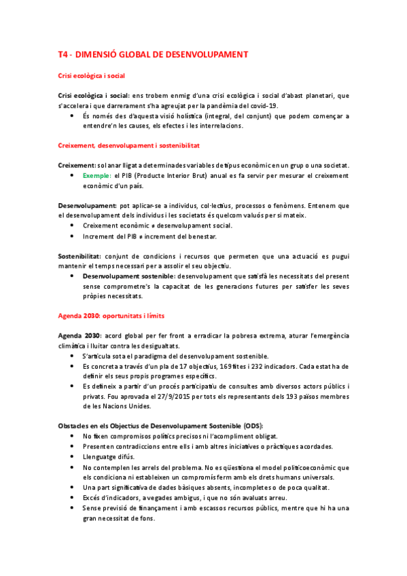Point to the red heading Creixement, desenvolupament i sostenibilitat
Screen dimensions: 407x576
point(129,146)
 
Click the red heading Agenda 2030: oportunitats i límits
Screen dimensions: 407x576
point(111,316)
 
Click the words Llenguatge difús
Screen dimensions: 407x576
point(105,456)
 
